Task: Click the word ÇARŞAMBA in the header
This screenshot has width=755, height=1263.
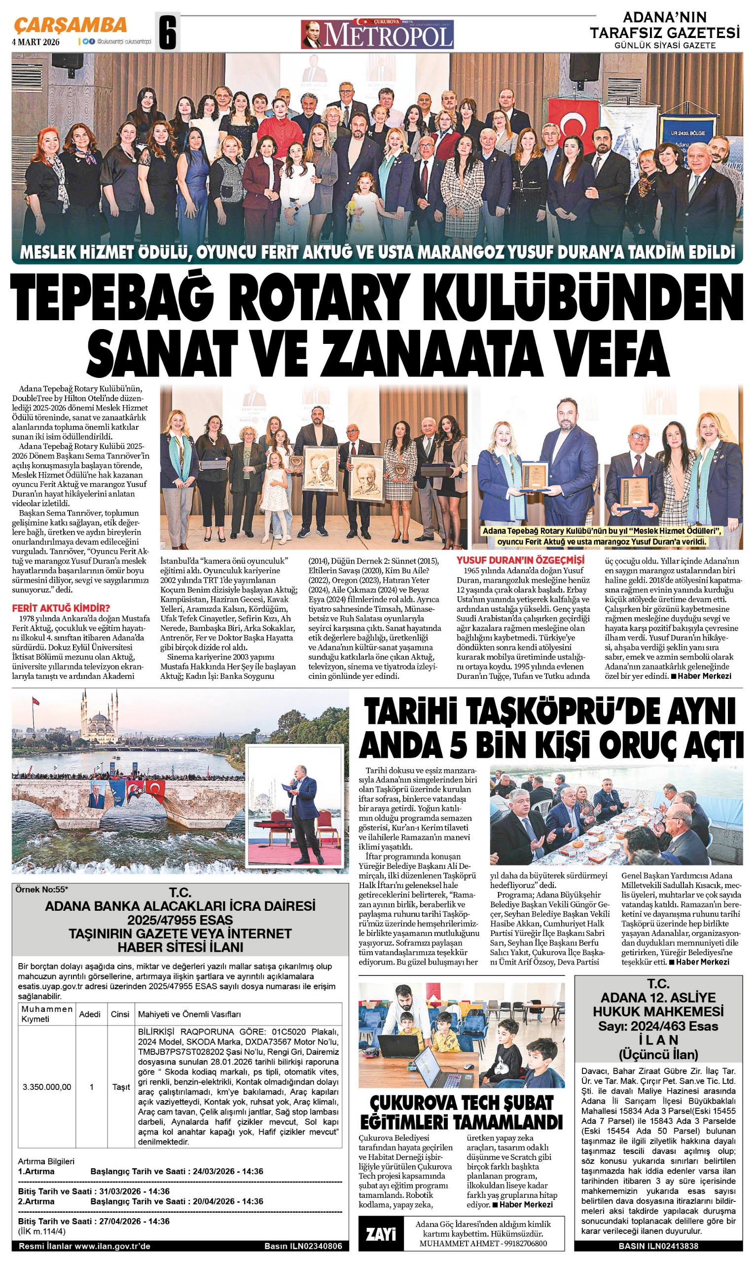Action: (70, 25)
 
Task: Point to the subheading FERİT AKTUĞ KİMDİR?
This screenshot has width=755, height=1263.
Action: (61, 608)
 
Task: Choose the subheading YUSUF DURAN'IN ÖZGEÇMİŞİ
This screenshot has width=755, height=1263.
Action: (520, 560)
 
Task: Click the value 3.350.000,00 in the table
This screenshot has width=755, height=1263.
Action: (47, 1087)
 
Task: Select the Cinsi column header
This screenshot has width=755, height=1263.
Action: (120, 1014)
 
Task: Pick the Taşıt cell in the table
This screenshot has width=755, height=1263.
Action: (121, 1087)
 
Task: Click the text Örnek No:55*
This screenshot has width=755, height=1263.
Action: (42, 890)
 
